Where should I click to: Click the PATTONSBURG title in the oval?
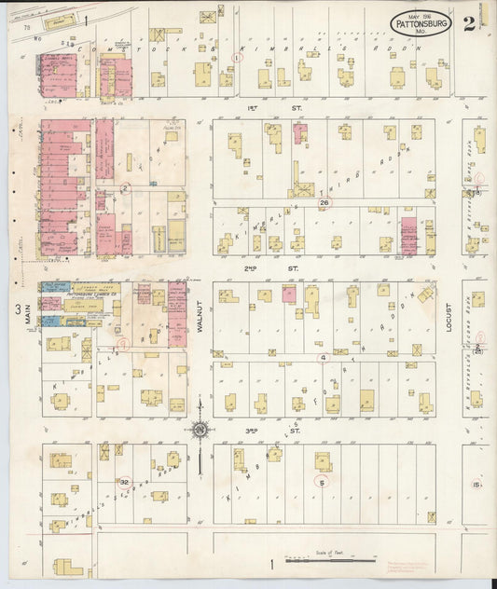pyautogui.click(x=421, y=18)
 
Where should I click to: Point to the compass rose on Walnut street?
pyautogui.click(x=199, y=430)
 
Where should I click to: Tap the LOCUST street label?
pyautogui.click(x=448, y=316)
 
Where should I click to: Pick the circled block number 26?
pyautogui.click(x=324, y=202)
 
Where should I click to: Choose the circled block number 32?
pyautogui.click(x=123, y=482)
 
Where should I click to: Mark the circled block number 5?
pyautogui.click(x=322, y=482)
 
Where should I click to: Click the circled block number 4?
pyautogui.click(x=323, y=357)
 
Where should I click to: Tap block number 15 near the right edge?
pyautogui.click(x=476, y=485)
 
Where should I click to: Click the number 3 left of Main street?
pyautogui.click(x=16, y=309)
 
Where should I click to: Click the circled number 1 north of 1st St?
pyautogui.click(x=237, y=57)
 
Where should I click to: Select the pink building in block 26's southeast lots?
pyautogui.click(x=408, y=236)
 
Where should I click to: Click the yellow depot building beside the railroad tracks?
pyautogui.click(x=62, y=18)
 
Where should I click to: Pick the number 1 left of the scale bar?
pyautogui.click(x=271, y=563)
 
